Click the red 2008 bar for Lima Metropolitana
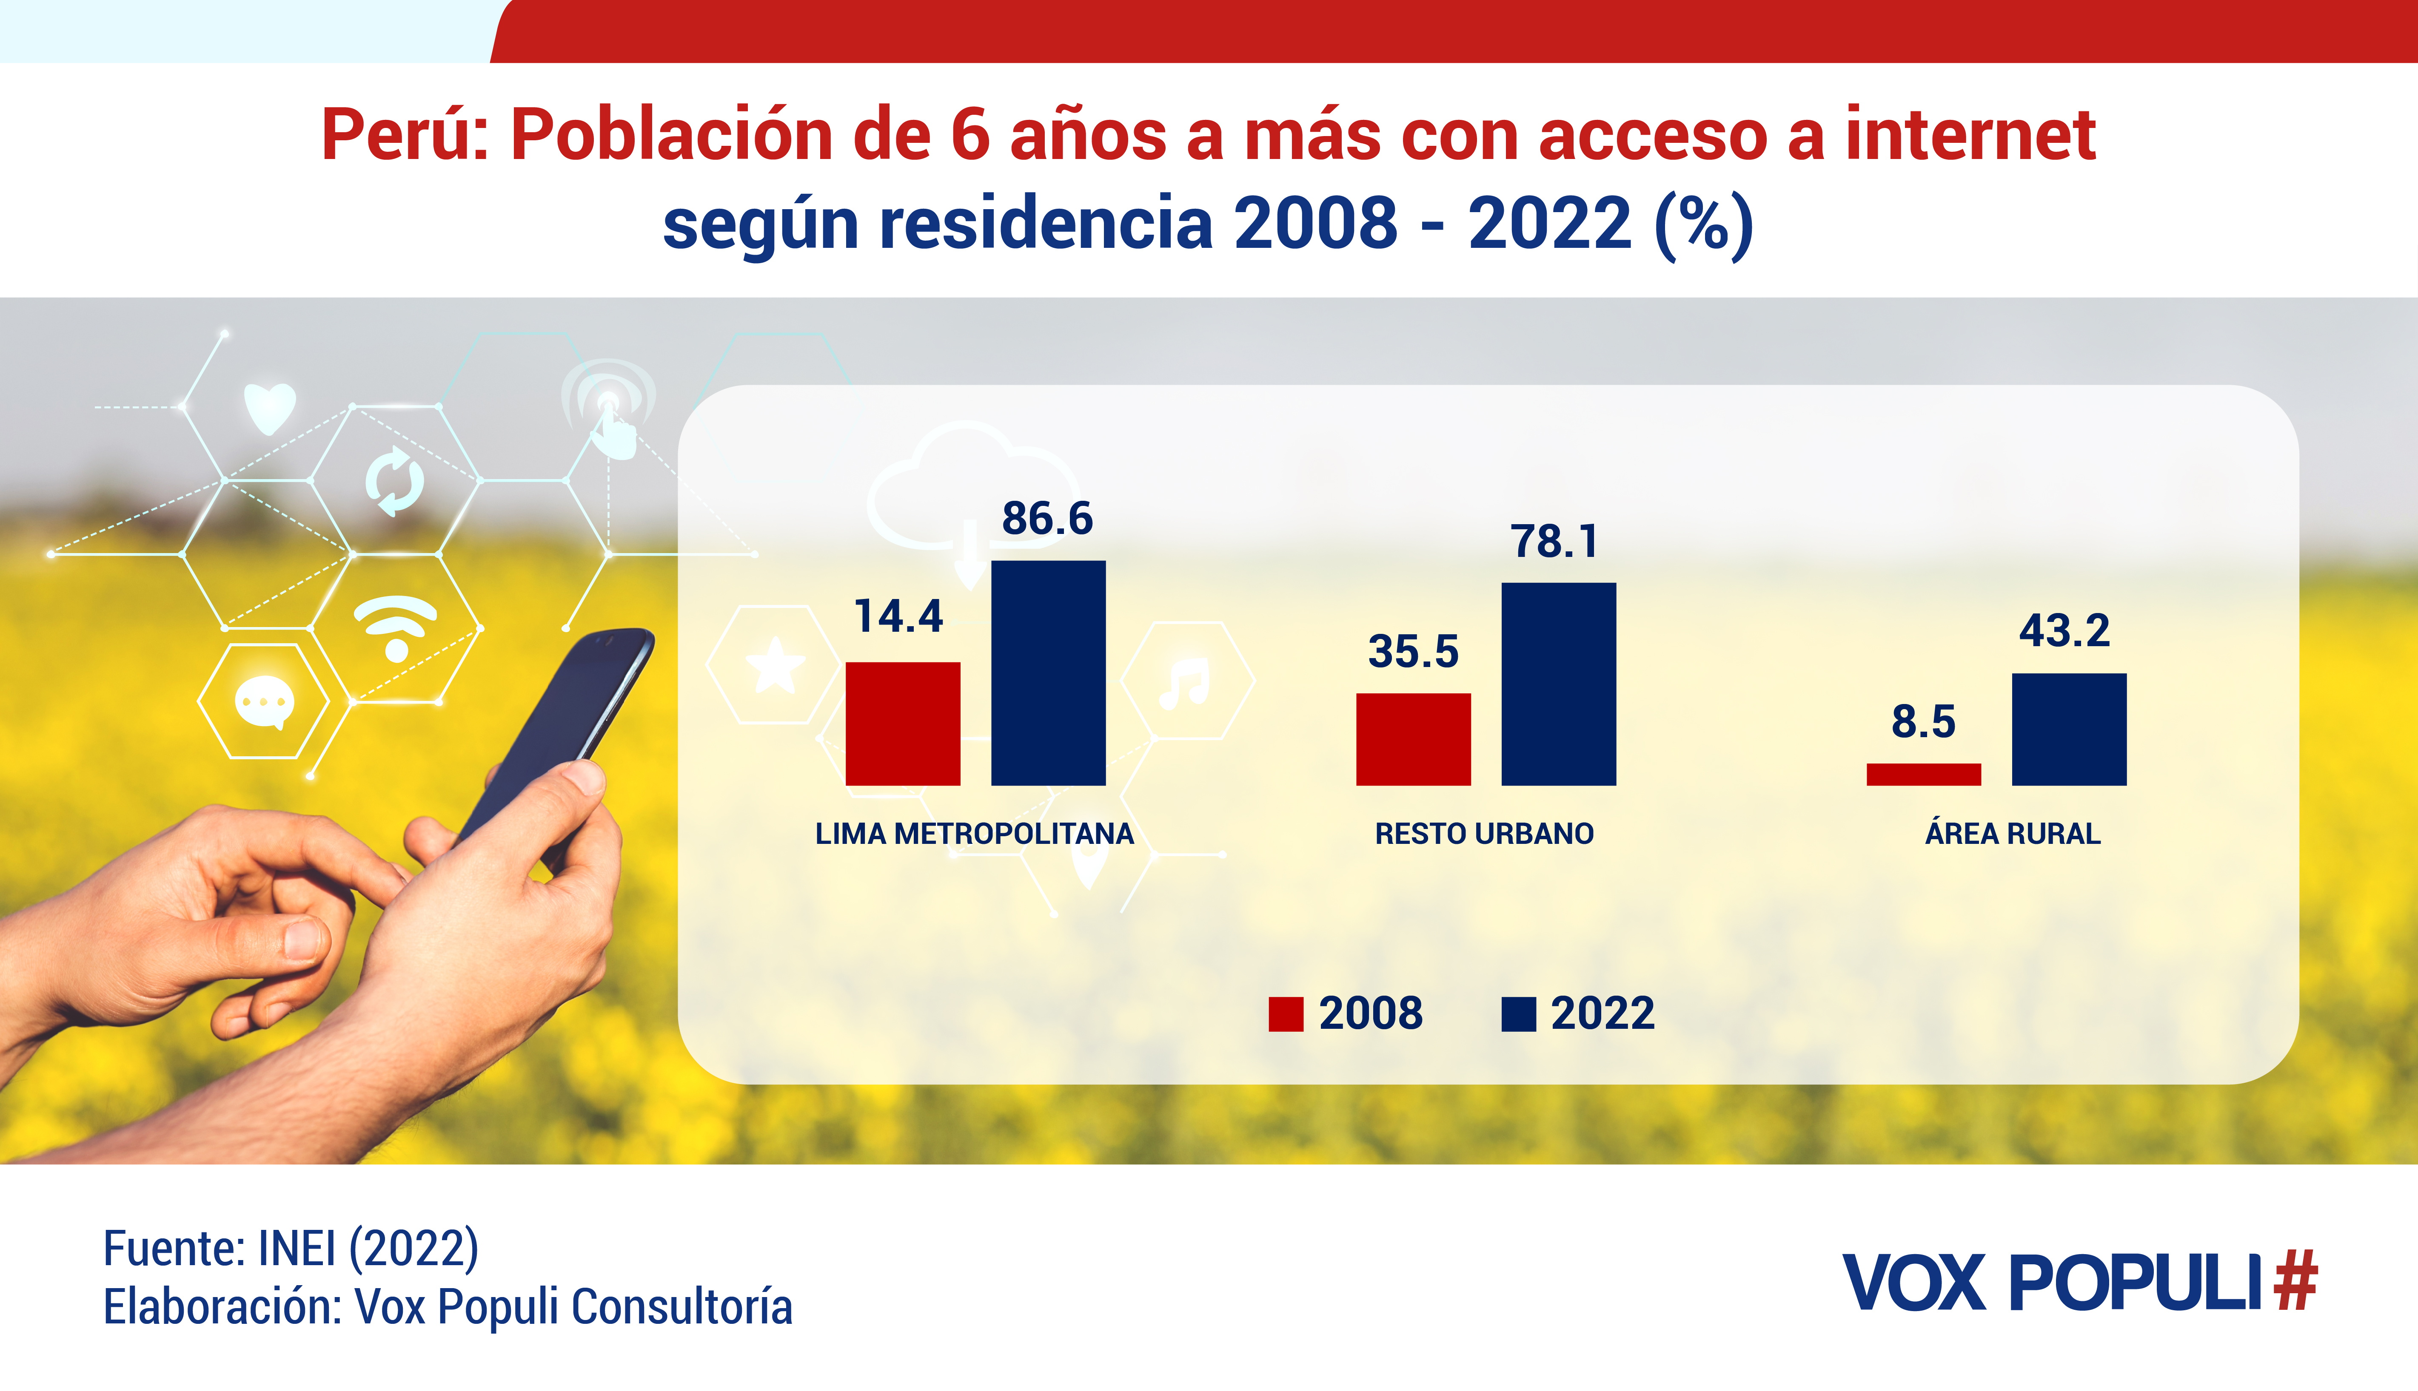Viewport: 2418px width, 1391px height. click(902, 723)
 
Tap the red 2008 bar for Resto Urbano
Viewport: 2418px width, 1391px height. click(1413, 739)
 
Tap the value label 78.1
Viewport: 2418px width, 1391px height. click(1554, 542)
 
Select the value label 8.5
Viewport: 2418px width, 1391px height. click(1923, 721)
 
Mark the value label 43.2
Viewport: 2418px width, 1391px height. click(2064, 630)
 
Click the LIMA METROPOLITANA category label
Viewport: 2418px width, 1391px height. click(974, 834)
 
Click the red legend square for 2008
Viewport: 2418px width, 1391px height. click(1286, 1013)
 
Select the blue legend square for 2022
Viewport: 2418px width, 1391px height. click(1518, 1013)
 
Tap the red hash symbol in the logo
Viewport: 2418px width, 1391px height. click(2295, 1281)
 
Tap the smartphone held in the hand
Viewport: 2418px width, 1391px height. click(564, 726)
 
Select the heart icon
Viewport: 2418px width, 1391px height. click(270, 407)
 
